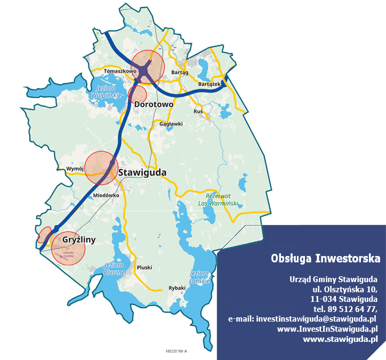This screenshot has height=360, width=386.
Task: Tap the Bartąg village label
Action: click(x=180, y=72)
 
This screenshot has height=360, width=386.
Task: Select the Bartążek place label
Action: click(x=210, y=84)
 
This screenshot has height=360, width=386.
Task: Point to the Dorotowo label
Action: click(x=154, y=105)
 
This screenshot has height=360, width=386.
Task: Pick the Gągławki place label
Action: click(x=171, y=124)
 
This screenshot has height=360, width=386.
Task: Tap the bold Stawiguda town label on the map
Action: click(x=142, y=173)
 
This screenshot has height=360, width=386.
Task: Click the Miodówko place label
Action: click(x=106, y=195)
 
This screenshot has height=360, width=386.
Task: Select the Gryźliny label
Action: click(x=79, y=239)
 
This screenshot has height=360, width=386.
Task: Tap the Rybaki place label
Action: click(x=176, y=287)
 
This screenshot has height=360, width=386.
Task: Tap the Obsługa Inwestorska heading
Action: click(x=325, y=259)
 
